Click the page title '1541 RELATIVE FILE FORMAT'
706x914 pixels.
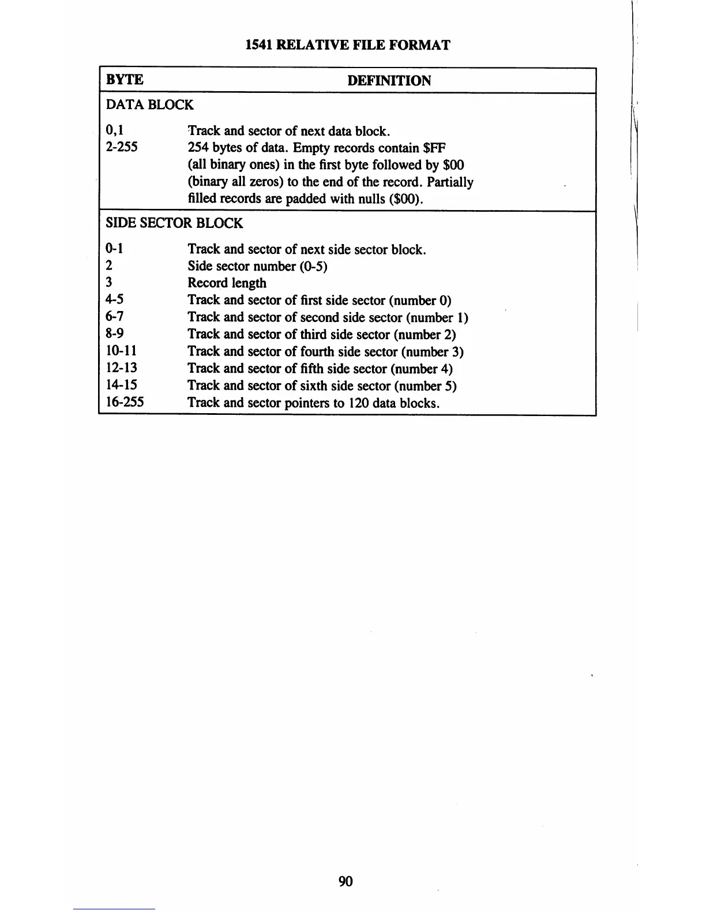(348, 45)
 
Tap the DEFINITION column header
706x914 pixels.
(389, 81)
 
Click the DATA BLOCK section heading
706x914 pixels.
(149, 105)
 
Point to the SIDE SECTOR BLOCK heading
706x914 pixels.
(174, 223)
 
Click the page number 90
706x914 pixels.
(346, 881)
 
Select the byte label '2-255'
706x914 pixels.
(122, 147)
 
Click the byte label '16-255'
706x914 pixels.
(125, 402)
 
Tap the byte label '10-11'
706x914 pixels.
(121, 351)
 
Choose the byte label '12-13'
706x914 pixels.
(121, 368)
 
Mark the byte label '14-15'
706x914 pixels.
(121, 385)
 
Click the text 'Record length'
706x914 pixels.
(227, 283)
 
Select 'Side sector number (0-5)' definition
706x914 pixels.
(257, 266)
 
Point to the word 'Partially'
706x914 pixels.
(450, 182)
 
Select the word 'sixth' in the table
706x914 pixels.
(315, 385)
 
